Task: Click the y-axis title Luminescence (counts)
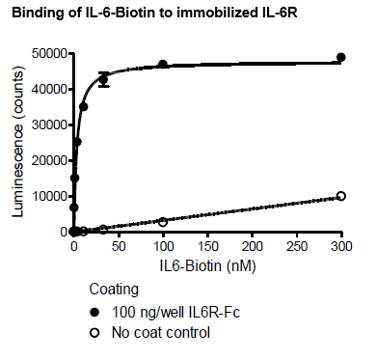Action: tap(16, 140)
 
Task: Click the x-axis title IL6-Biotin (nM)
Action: tap(202, 262)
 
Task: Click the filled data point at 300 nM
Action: tap(340, 57)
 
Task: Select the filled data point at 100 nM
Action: tap(163, 65)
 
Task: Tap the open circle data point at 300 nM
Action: tap(340, 196)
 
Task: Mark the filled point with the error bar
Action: tap(103, 80)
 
